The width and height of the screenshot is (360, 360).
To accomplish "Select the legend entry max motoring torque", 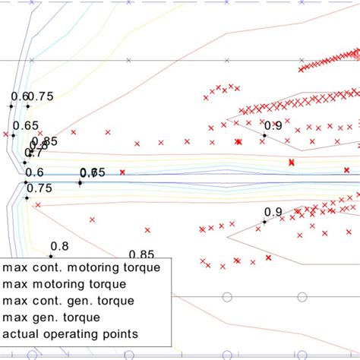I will click(x=64, y=284).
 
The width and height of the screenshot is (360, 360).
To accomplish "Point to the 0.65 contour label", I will click(x=26, y=126).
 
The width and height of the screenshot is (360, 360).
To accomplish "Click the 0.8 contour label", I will click(x=58, y=245).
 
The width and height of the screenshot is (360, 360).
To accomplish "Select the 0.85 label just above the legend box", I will click(x=142, y=254).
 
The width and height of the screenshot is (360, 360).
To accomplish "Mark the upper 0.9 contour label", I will click(x=273, y=125).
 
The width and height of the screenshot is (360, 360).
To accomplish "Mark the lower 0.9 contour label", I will click(x=273, y=212).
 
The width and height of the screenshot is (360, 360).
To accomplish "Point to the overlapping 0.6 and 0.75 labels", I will click(x=89, y=173).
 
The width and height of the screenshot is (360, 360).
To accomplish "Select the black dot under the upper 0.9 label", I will click(x=264, y=135).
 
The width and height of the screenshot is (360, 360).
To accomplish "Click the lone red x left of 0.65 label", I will click(x=6, y=134).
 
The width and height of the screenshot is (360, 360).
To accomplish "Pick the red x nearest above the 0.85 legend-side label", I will click(x=146, y=230).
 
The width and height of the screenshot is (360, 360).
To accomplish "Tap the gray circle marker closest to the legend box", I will click(x=223, y=296).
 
